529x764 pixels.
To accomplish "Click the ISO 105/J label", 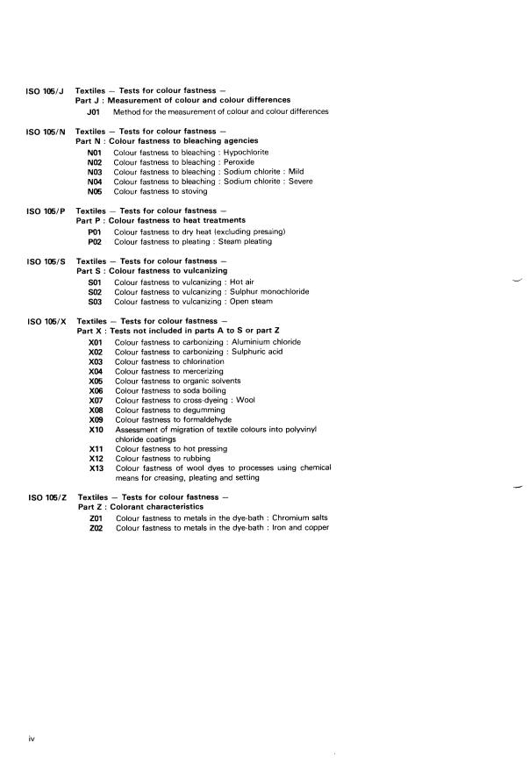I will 47,91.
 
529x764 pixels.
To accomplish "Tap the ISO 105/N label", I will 47,132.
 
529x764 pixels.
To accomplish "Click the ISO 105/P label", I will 47,211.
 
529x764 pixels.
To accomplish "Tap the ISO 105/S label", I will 47,261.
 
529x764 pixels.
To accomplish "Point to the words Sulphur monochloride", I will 268,291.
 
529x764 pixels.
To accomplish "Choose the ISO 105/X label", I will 47,322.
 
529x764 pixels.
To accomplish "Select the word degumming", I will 201,411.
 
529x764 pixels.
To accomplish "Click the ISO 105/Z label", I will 47,498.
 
